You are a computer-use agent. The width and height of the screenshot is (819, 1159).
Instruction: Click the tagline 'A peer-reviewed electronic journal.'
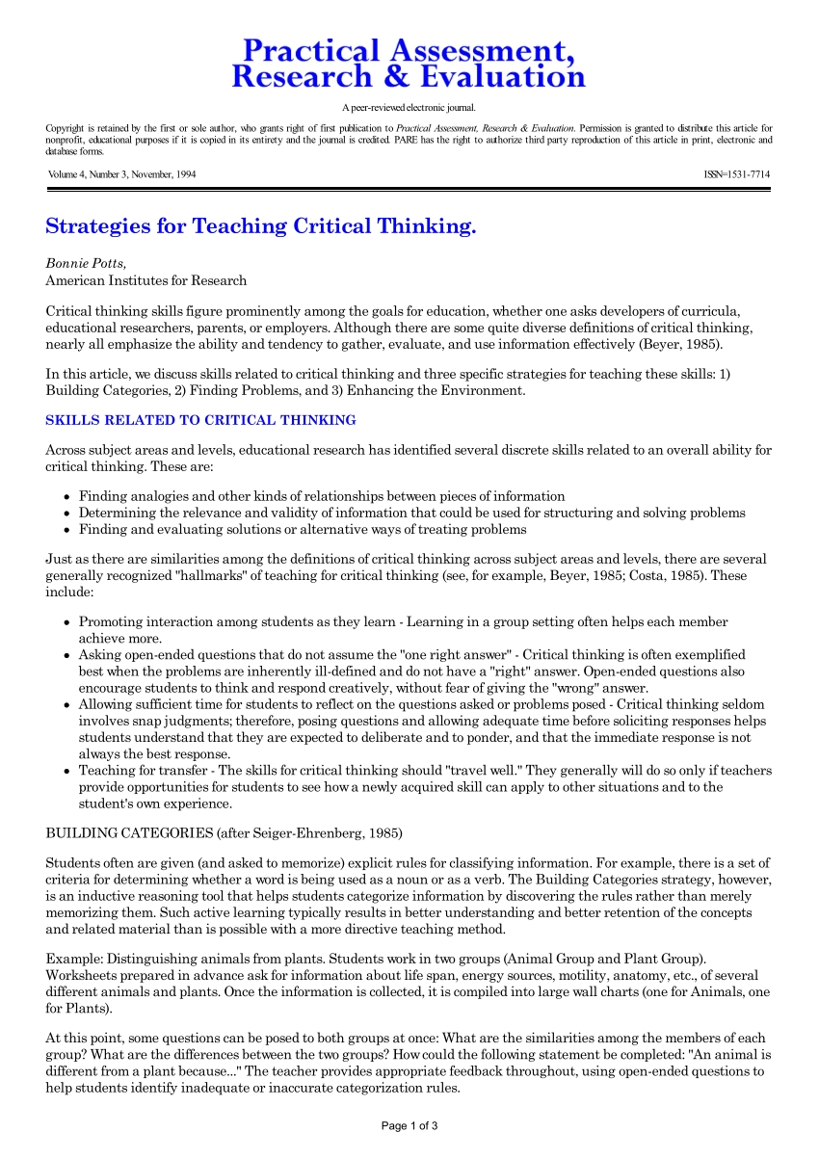pyautogui.click(x=409, y=108)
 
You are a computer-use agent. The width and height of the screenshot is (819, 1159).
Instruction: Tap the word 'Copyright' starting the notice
pyautogui.click(x=66, y=128)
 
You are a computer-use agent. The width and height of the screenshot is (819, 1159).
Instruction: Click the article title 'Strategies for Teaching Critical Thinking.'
pyautogui.click(x=261, y=227)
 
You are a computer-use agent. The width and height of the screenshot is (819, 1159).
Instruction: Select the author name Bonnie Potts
pyautogui.click(x=86, y=262)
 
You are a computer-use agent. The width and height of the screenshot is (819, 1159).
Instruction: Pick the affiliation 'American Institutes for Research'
pyautogui.click(x=145, y=280)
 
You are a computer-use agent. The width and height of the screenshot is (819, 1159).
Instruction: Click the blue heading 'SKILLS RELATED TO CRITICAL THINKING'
pyautogui.click(x=200, y=420)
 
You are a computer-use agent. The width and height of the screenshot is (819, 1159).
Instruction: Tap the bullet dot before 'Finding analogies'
pyautogui.click(x=66, y=497)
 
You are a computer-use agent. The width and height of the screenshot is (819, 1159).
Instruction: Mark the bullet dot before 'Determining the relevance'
pyautogui.click(x=66, y=514)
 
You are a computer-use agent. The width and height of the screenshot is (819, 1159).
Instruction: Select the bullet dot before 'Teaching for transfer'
pyautogui.click(x=66, y=772)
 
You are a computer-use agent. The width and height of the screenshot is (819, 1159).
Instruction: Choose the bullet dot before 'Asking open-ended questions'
pyautogui.click(x=66, y=655)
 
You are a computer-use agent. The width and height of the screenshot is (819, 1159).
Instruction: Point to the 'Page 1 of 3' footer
pyautogui.click(x=409, y=1125)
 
